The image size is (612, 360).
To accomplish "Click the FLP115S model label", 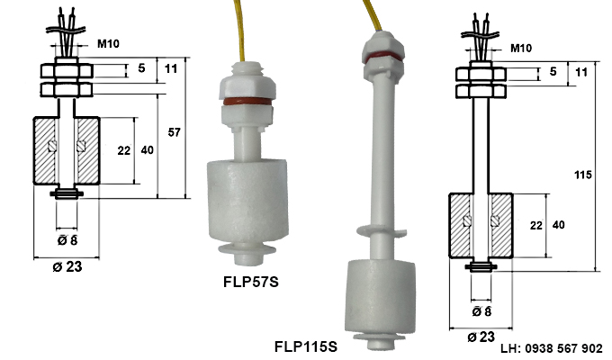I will (x=305, y=346).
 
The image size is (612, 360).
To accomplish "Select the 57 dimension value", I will (x=174, y=133).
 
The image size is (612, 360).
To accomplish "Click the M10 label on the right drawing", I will (x=520, y=48).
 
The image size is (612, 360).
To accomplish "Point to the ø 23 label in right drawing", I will (x=481, y=336).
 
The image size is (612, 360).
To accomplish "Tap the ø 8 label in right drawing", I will (x=482, y=310).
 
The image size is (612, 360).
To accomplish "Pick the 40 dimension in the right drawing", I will (x=557, y=223).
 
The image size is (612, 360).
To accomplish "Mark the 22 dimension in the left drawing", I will (x=124, y=150).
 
